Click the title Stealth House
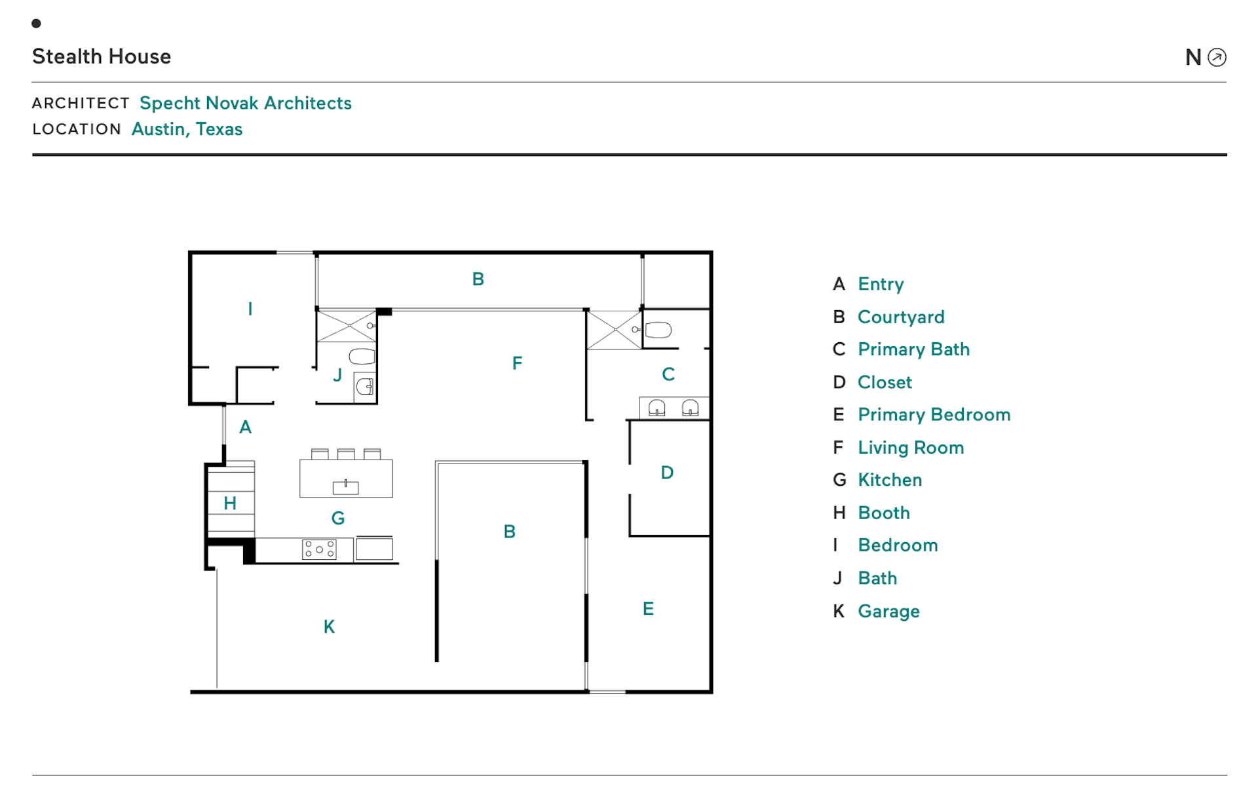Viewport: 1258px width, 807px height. [x=102, y=56]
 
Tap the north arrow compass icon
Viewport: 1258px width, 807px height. [x=1217, y=58]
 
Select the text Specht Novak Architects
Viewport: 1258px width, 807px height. [x=245, y=103]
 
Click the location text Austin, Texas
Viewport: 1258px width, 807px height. [x=187, y=129]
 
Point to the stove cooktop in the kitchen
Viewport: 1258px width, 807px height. [x=319, y=549]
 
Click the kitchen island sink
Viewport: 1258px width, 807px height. [x=345, y=487]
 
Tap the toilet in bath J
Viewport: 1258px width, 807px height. [x=362, y=357]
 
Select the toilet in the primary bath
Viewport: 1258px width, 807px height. [x=658, y=330]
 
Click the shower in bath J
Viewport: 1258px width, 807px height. [x=347, y=326]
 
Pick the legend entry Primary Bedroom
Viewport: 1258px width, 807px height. [x=934, y=414]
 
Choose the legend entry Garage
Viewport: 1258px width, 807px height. [x=888, y=611]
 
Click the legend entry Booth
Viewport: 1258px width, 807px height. [x=883, y=513]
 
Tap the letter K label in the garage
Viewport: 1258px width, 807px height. [x=329, y=627]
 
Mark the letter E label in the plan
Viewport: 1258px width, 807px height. [x=648, y=609]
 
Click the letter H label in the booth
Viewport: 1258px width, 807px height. [x=230, y=503]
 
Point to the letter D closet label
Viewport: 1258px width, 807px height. [x=667, y=473]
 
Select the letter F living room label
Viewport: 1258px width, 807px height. [x=517, y=363]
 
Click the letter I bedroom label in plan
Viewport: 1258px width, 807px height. [x=250, y=309]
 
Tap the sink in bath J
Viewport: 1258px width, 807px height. [x=364, y=387]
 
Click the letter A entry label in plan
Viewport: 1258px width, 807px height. [x=246, y=427]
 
